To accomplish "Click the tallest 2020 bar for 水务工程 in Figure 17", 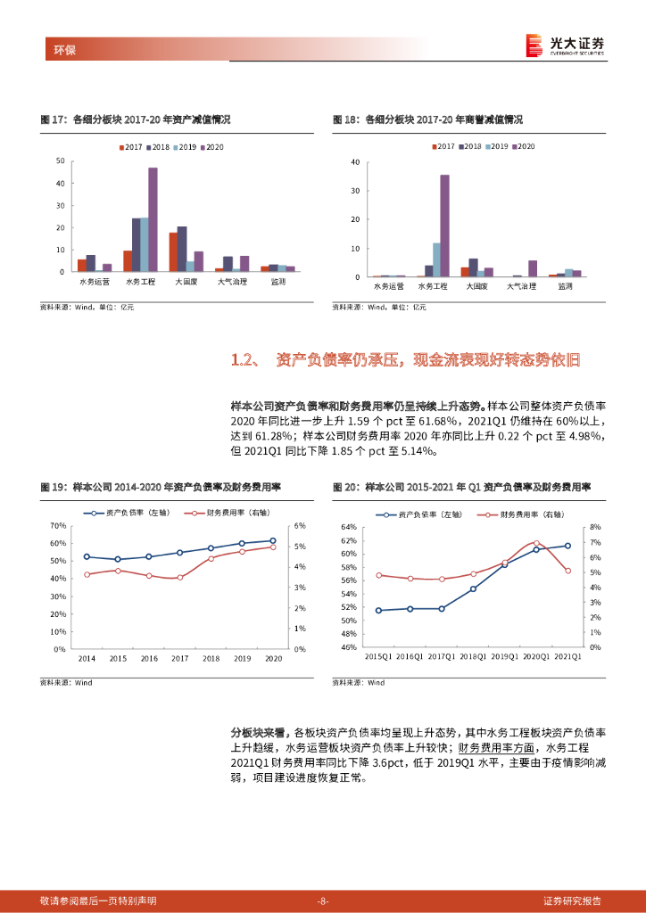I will [153, 218].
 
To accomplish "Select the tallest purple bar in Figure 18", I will [444, 225].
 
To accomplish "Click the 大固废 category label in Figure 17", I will [186, 282].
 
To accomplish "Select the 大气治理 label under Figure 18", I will [522, 287].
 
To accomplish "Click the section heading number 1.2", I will [244, 360].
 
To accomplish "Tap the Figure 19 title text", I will [161, 488].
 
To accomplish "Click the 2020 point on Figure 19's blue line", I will [273, 540].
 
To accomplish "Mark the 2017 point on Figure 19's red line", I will [179, 578].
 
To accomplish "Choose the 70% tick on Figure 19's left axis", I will [57, 526].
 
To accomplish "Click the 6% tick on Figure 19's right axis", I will [300, 526].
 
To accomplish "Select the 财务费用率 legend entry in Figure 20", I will [519, 514].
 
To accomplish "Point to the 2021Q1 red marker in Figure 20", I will [567, 571].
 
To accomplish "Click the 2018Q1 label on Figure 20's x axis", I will [473, 657].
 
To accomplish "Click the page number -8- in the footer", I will [323, 901].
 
